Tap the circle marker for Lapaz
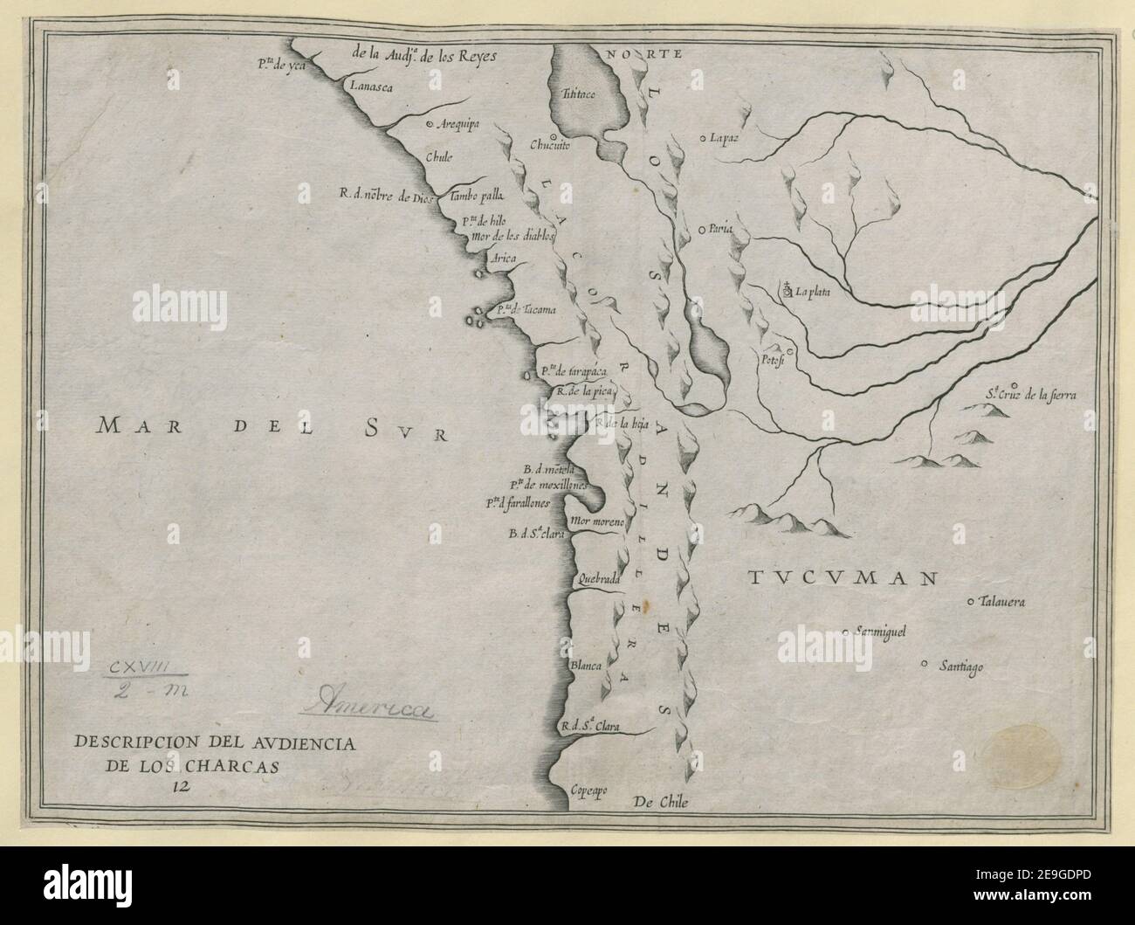point(703,137)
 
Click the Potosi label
point(770,359)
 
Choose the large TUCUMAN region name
point(843,578)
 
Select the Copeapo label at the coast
point(588,790)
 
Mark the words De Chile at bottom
point(666,803)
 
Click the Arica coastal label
point(505,258)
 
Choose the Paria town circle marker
point(703,230)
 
